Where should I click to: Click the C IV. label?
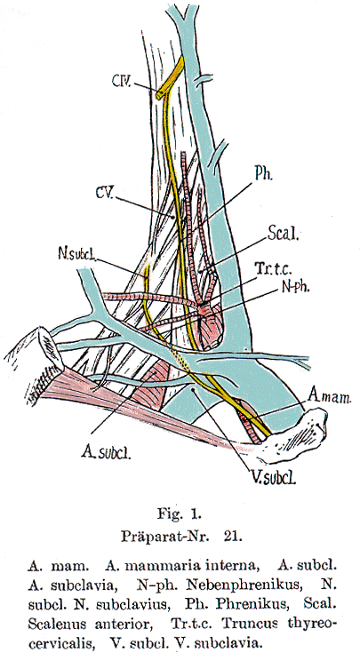point(122,80)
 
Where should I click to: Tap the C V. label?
point(105,193)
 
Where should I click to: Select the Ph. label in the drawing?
point(263,174)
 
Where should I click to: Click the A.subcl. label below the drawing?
point(106,452)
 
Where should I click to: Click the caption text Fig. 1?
point(180,514)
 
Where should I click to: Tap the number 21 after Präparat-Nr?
point(233,537)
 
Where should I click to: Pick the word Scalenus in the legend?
point(59,625)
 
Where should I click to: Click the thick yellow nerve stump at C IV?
point(171,78)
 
